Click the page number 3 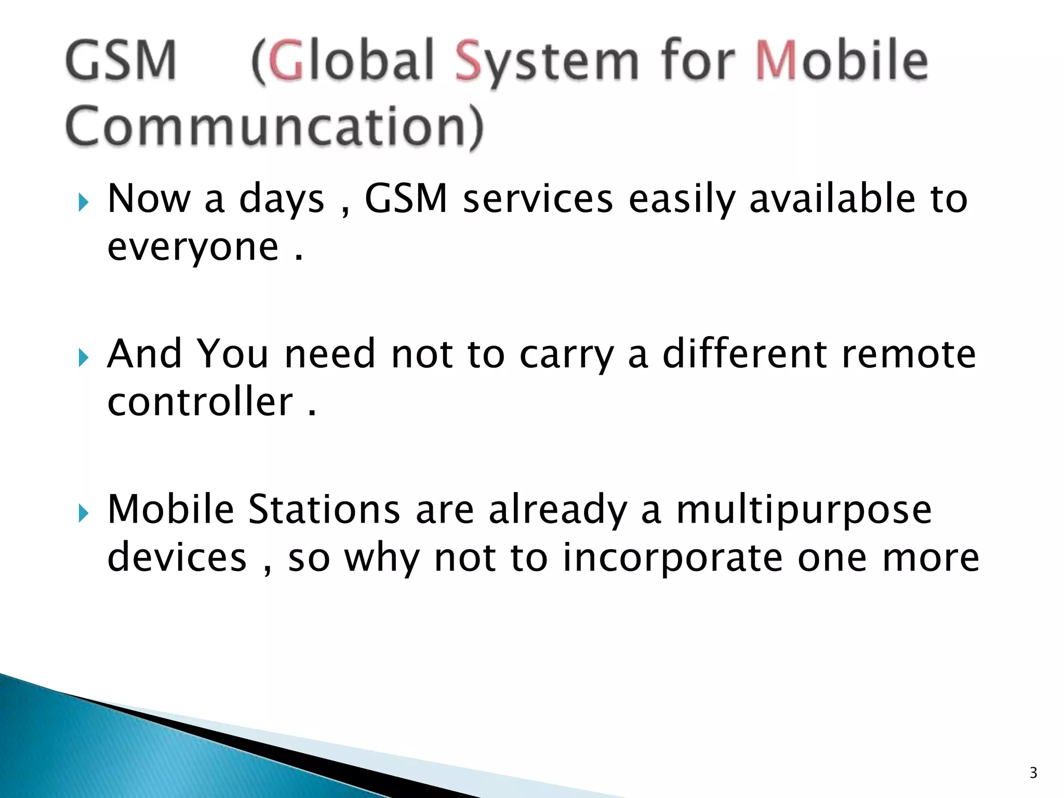[x=1033, y=773]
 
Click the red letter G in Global [x=285, y=61]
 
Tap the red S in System [x=469, y=61]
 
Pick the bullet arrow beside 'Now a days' [x=83, y=203]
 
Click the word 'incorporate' [x=672, y=557]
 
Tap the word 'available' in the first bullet [x=832, y=199]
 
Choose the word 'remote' [x=909, y=354]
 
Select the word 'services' [x=538, y=199]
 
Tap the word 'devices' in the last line [x=177, y=557]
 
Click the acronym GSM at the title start [x=121, y=61]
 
